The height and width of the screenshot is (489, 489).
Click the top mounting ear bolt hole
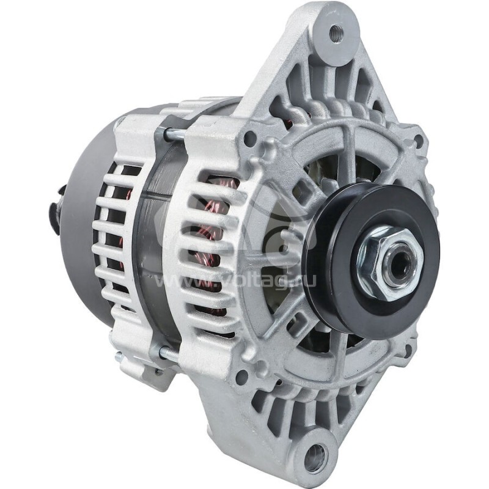[334, 32]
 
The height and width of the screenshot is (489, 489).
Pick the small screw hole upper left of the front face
[249, 139]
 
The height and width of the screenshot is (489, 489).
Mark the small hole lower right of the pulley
[408, 350]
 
